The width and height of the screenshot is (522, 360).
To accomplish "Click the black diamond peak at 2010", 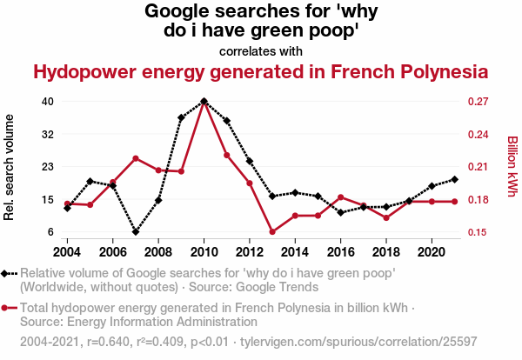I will [x=204, y=102].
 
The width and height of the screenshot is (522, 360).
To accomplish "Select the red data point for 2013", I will [x=272, y=232].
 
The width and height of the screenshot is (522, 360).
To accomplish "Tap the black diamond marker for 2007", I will [x=136, y=232].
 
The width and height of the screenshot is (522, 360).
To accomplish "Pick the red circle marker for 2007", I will [x=136, y=158].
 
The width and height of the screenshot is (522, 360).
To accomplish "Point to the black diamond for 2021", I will [x=455, y=179].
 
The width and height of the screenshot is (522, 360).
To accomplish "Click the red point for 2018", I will [x=386, y=217].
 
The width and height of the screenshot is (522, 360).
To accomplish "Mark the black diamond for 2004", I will [x=67, y=208].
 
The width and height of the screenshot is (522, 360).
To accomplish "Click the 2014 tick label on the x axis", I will [x=295, y=251].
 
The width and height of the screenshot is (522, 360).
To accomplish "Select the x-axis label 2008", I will [x=158, y=251].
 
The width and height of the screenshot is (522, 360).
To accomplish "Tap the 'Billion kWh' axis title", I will [x=512, y=166].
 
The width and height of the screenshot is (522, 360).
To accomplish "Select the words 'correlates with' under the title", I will [x=261, y=50].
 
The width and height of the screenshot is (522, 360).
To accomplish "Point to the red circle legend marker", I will [x=7, y=308].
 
